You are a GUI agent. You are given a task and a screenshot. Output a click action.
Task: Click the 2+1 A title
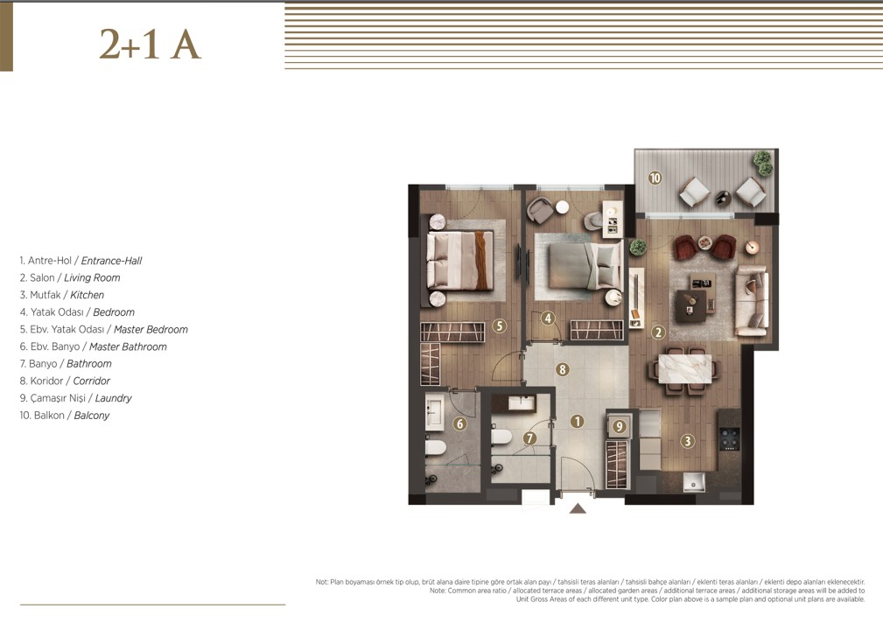[150, 44]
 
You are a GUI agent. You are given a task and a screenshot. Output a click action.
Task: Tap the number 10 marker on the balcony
[655, 178]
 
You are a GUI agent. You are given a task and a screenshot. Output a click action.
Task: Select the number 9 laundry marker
[620, 427]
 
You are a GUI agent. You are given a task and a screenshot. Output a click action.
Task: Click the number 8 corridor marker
[562, 369]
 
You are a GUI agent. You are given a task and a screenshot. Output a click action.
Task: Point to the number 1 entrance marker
[577, 421]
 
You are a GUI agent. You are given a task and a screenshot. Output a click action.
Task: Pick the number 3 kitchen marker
[687, 441]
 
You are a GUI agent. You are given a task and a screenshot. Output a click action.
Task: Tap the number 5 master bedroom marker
[498, 325]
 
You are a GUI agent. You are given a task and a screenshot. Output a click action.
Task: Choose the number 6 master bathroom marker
[460, 423]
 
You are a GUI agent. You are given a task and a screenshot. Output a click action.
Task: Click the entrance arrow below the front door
[578, 508]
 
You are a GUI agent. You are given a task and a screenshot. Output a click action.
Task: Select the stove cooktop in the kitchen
[731, 439]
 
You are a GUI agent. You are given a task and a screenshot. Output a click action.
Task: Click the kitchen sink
[694, 482]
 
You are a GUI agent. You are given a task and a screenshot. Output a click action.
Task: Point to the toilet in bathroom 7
[501, 437]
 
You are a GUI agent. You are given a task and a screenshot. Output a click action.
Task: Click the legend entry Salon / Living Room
[70, 277]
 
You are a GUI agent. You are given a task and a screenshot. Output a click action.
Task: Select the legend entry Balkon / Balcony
[65, 416]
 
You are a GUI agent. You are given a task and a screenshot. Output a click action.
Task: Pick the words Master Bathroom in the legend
[128, 346]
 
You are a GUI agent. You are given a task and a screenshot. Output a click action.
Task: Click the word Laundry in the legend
[113, 398]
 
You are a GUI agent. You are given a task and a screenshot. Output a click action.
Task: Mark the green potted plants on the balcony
[764, 163]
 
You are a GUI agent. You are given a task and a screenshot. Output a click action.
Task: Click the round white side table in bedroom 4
[562, 207]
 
